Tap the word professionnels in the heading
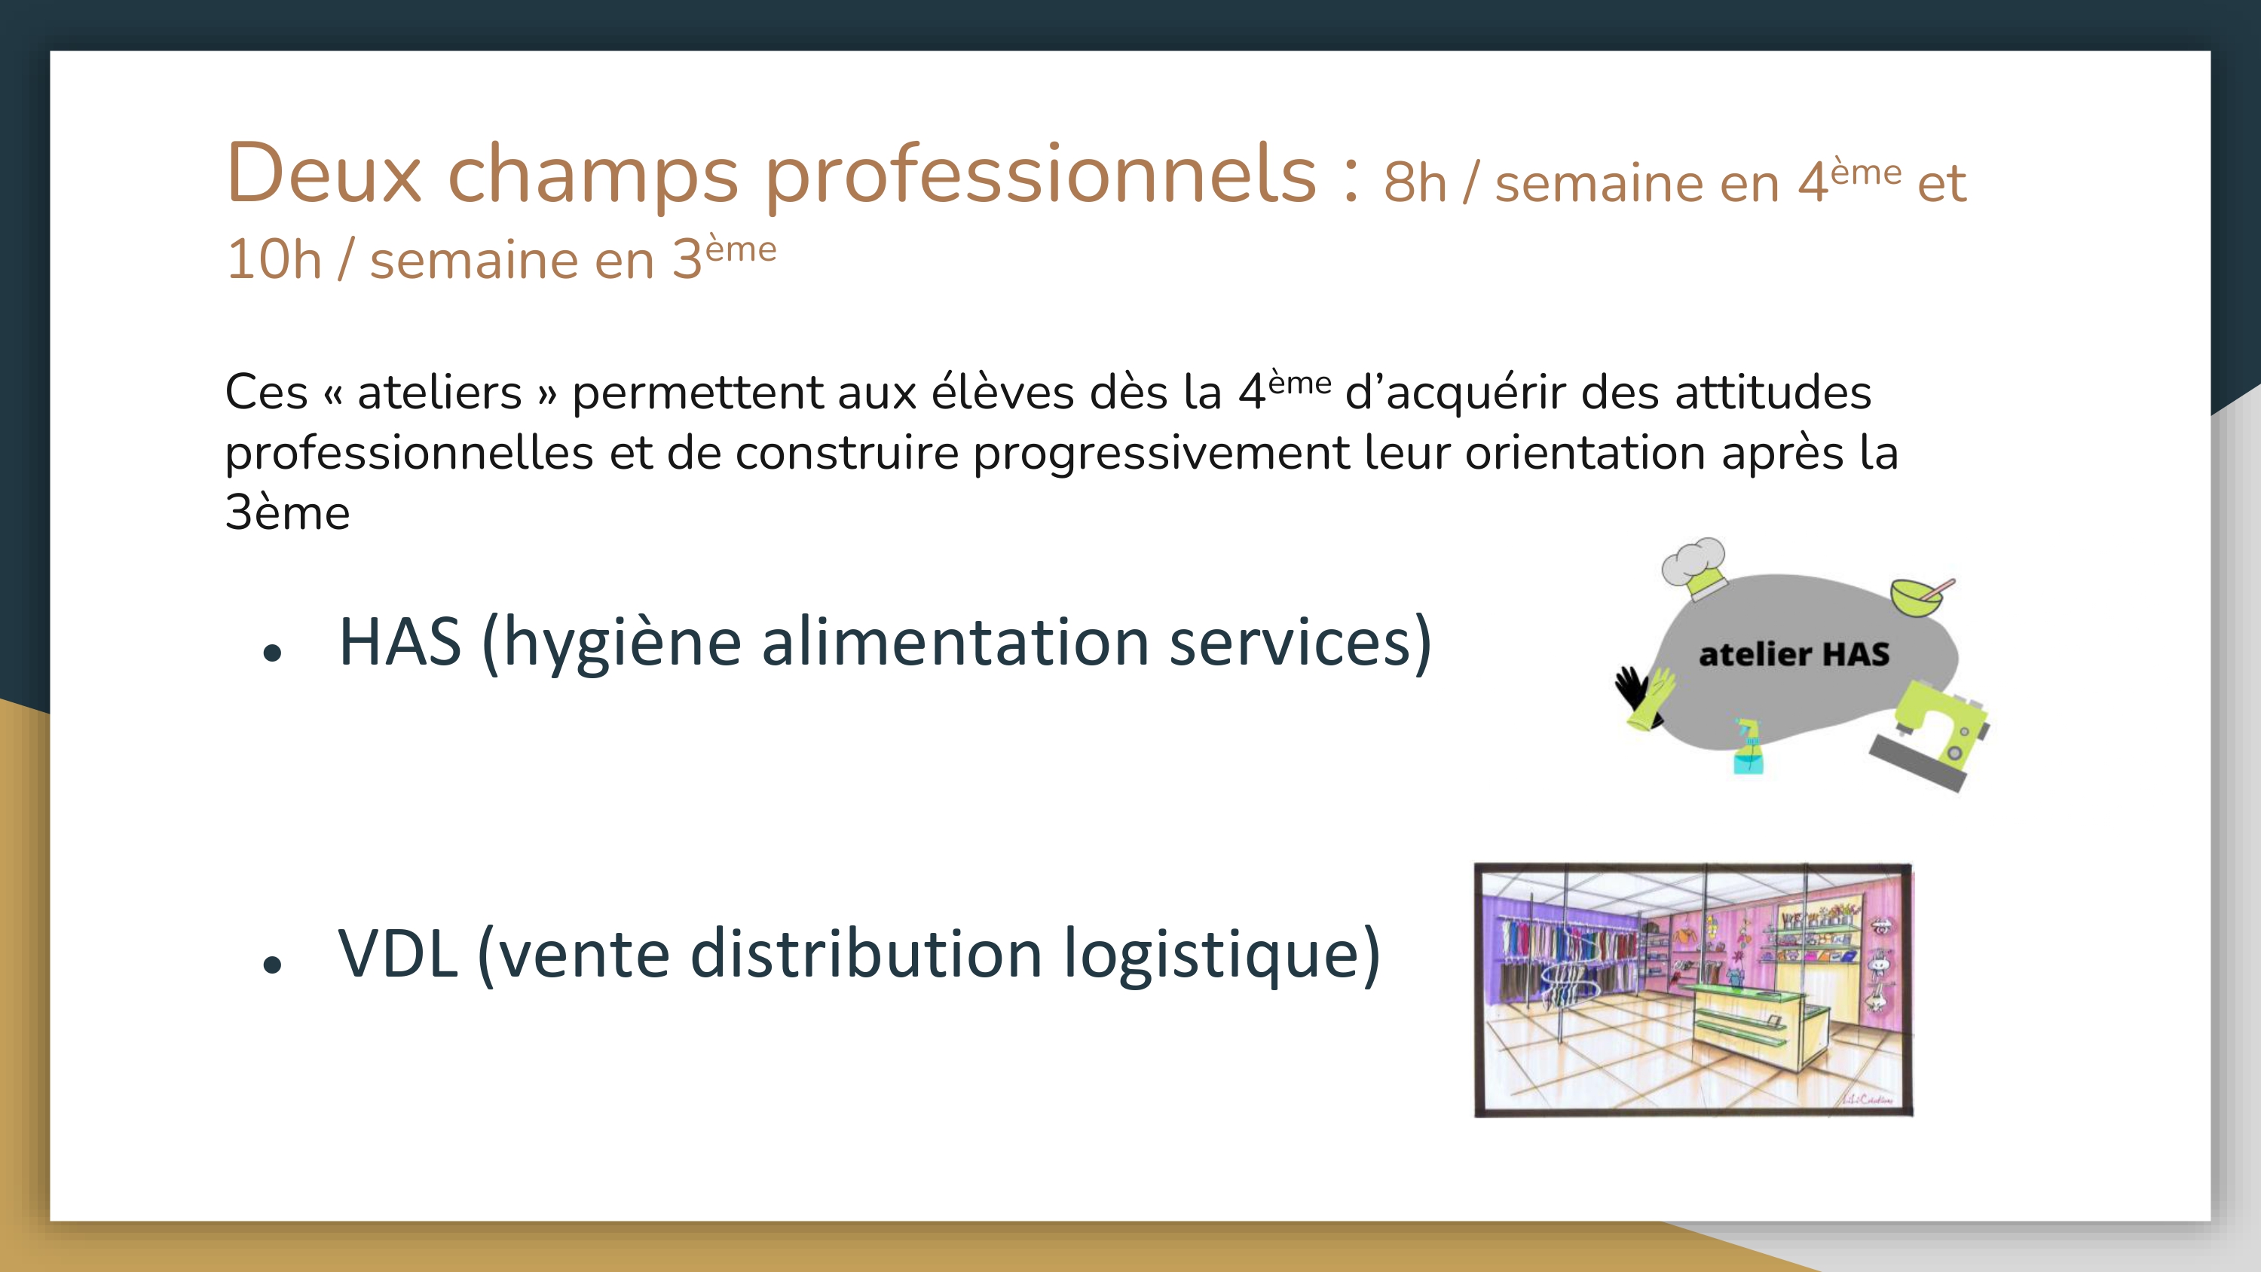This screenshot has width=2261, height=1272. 1041,176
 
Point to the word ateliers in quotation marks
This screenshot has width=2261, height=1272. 439,392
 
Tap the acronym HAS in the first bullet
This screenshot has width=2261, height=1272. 400,642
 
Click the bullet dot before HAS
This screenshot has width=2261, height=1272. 272,653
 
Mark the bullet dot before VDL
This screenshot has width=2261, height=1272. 272,964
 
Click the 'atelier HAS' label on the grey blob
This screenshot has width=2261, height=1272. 1794,654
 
